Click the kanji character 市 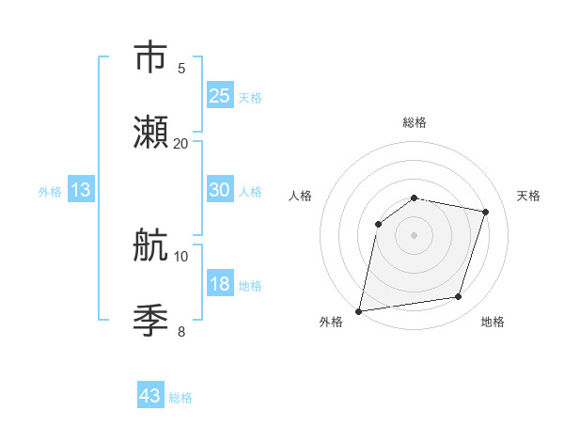tap(150, 57)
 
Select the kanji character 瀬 tap(150, 132)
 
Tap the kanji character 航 tap(150, 245)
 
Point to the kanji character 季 tap(150, 321)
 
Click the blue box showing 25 tap(220, 95)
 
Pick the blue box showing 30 tap(220, 190)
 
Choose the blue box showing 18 tap(220, 284)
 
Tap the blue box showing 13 tap(81, 190)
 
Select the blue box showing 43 tap(150, 396)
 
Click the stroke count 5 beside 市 tap(181, 68)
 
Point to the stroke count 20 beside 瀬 tap(181, 143)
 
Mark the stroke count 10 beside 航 tap(181, 256)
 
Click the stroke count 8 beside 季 tap(181, 331)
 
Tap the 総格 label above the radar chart tap(415, 122)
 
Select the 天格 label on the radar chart tap(528, 196)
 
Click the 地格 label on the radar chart tap(493, 322)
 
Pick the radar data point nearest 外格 tap(359, 310)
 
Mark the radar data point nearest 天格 tap(486, 212)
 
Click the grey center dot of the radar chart tap(415, 235)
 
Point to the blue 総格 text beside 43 tap(180, 398)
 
